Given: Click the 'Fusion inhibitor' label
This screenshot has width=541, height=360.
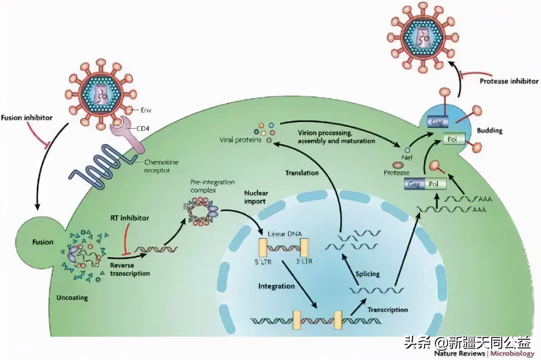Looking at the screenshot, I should coord(27,117).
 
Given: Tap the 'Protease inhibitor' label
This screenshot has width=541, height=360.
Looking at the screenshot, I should coord(509,81).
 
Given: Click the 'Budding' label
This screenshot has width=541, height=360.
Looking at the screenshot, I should coord(489,130).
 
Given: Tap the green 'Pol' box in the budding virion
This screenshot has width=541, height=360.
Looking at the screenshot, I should coord(454,138).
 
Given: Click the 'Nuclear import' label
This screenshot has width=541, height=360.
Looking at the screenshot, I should coord(256,197).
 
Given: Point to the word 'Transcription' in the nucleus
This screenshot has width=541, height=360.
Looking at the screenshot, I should coord(387,310).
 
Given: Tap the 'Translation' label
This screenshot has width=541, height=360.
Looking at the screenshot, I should coord(302,172).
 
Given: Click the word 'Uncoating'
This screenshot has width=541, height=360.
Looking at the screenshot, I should coord(72,297).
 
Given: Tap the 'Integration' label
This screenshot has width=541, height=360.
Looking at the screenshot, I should coord(276,286).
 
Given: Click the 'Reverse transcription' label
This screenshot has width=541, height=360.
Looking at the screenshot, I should coord(129,269).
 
